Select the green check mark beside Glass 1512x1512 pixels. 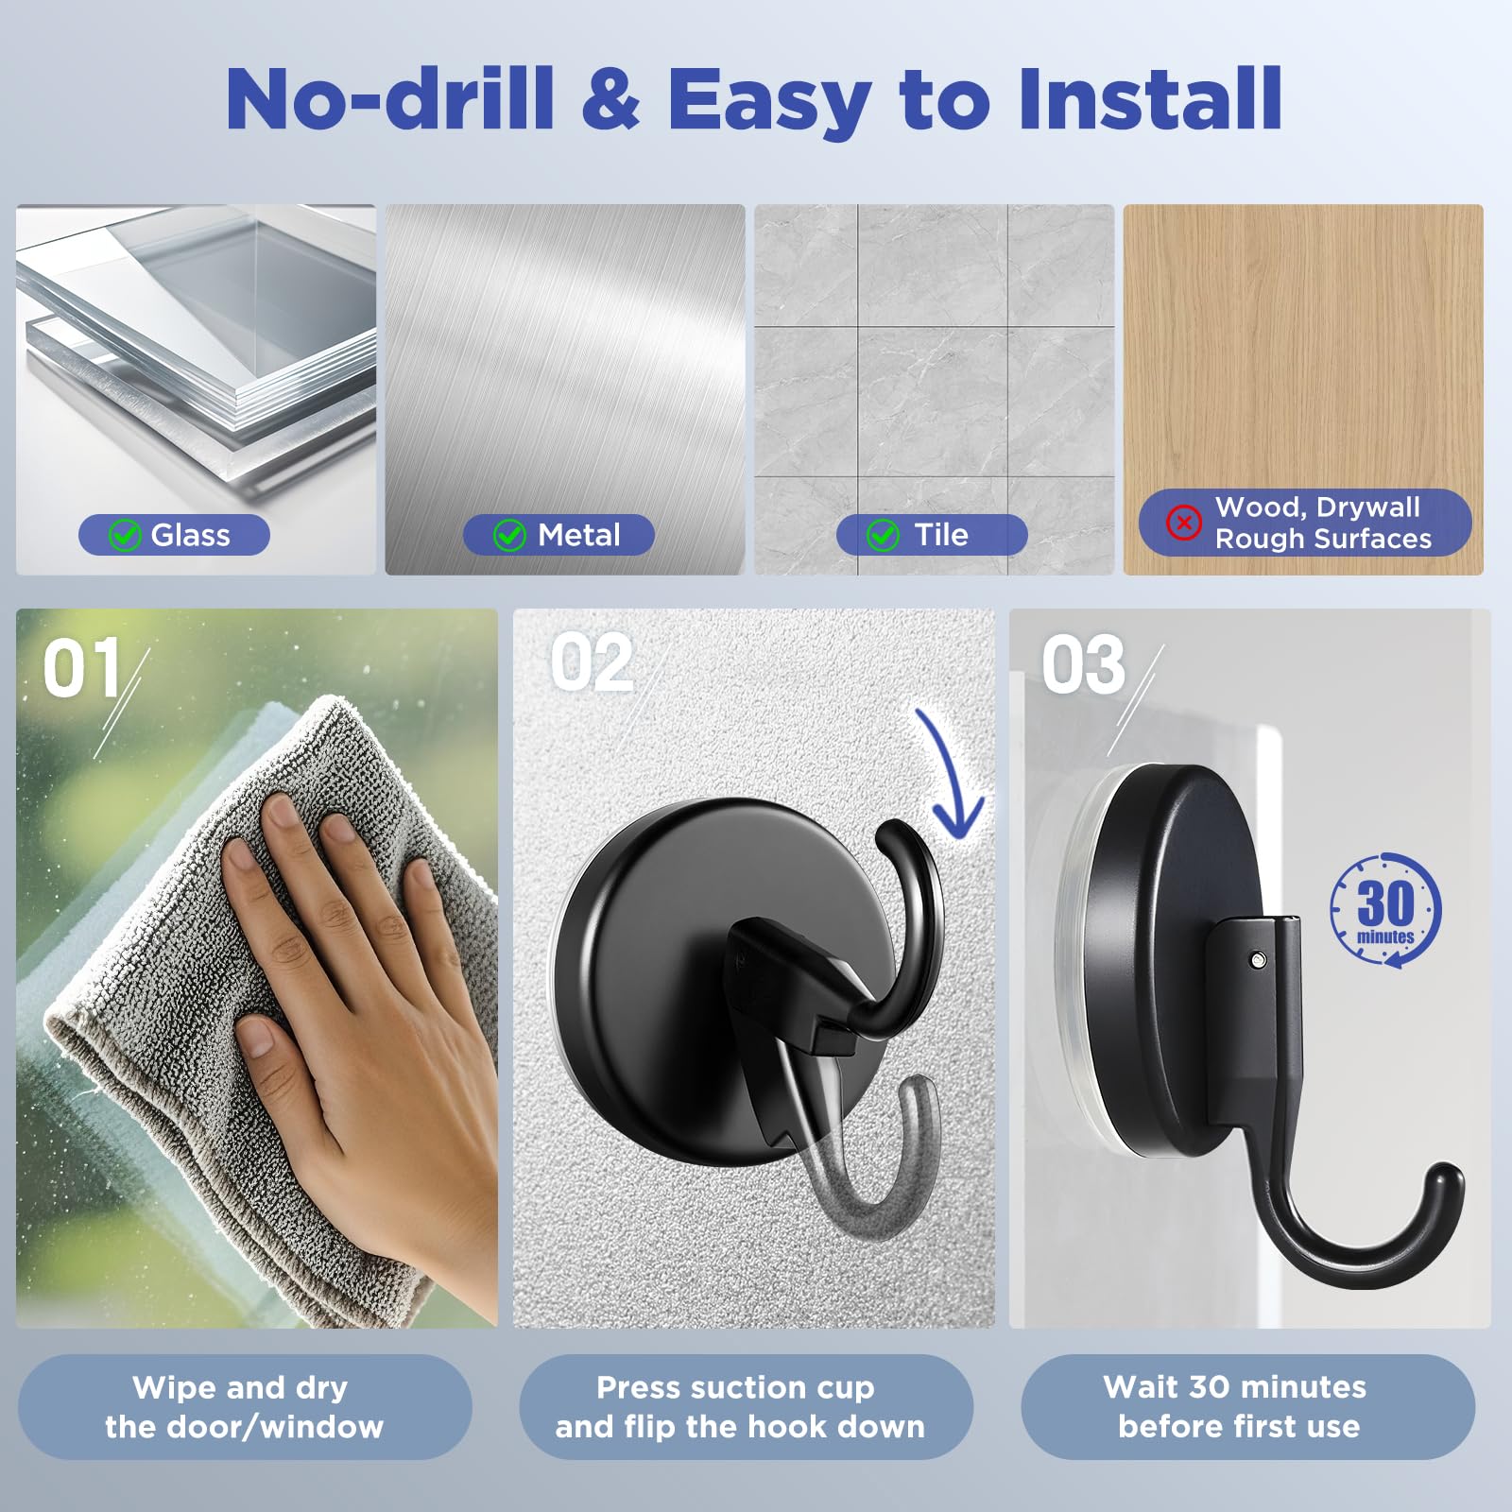point(125,535)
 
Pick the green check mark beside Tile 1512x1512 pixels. point(883,535)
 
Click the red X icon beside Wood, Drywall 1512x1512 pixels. point(1183,522)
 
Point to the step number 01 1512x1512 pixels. point(82,667)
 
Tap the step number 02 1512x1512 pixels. point(592,662)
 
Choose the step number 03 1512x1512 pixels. point(1084,664)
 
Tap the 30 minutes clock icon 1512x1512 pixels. point(1385,910)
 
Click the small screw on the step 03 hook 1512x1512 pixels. point(1257,960)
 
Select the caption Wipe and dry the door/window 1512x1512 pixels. point(245,1406)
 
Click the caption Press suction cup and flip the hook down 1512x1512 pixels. point(740,1406)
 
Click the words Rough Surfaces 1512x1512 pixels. point(1323,539)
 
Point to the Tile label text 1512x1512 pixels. point(941,535)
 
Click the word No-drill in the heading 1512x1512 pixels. point(390,98)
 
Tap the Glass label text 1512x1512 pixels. point(191,535)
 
